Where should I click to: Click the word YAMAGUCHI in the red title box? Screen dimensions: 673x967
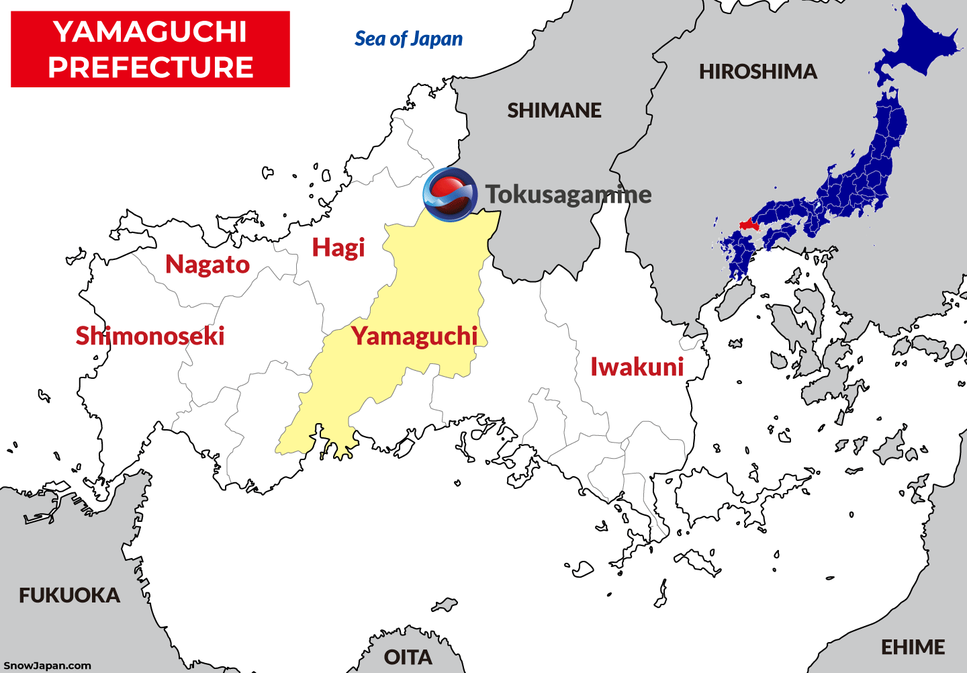click(150, 32)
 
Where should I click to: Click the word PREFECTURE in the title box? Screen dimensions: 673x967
click(150, 67)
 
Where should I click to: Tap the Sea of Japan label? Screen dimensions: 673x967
click(408, 39)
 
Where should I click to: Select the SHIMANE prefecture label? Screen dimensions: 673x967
click(554, 110)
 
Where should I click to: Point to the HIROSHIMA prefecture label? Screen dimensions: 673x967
click(757, 71)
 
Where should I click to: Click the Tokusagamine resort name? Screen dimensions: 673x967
click(568, 194)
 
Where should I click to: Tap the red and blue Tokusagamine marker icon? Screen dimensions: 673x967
click(449, 194)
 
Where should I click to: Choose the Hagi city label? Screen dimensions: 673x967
click(338, 248)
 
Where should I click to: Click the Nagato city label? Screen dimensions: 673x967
click(208, 265)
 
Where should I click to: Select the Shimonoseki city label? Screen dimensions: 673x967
click(150, 336)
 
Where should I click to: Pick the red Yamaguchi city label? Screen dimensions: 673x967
click(414, 336)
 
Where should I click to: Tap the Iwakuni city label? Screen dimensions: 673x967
click(637, 367)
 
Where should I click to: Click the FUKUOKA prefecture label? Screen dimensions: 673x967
click(69, 595)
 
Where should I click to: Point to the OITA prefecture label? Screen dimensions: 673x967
click(408, 657)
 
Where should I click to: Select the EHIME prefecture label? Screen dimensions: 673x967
click(913, 647)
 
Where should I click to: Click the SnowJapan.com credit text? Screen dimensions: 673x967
click(47, 666)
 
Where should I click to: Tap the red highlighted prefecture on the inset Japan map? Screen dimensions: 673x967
click(747, 225)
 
